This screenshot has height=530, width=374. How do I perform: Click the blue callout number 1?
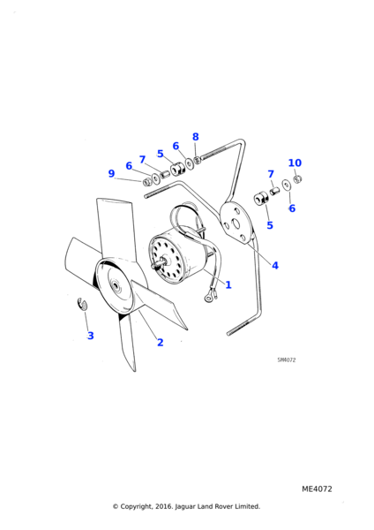228,285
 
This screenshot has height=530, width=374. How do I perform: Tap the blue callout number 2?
160,343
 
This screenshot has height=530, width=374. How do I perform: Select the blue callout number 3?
91,336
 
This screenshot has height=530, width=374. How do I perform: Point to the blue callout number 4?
275,266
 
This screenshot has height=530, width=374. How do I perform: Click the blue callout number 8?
196,137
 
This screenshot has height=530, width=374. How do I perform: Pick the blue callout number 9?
111,173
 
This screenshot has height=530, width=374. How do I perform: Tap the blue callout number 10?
295,163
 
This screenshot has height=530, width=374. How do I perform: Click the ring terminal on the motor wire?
208,298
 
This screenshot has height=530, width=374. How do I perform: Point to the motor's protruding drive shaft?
160,263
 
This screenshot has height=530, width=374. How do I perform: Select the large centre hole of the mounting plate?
236,224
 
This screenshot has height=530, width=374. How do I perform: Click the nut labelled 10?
297,179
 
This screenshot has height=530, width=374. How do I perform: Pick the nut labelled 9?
146,182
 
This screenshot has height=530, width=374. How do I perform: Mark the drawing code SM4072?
287,360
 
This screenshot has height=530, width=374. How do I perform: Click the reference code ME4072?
317,489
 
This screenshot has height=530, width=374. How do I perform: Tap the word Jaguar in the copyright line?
184,507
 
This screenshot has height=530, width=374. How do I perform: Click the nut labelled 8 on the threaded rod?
198,159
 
